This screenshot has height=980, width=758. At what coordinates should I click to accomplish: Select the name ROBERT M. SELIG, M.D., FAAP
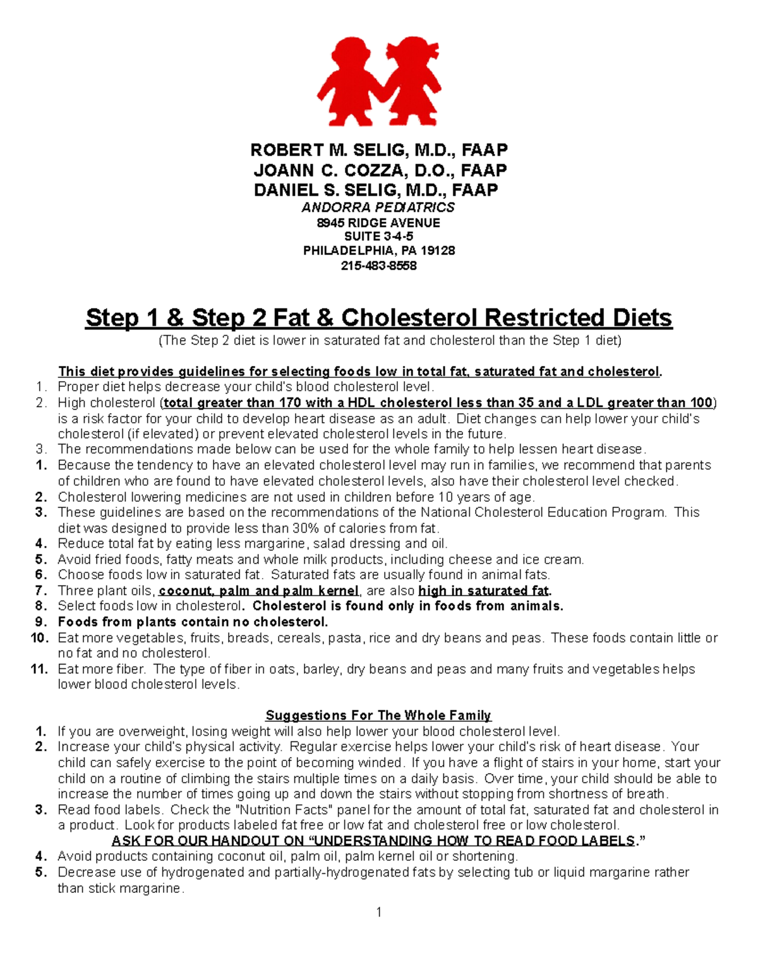(379, 150)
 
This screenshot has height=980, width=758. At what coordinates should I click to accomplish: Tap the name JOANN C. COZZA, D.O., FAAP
(380, 170)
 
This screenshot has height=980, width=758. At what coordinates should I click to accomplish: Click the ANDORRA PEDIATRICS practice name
(378, 208)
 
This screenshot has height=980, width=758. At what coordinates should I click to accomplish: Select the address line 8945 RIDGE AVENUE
(378, 223)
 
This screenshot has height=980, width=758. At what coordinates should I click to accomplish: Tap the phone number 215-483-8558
(378, 266)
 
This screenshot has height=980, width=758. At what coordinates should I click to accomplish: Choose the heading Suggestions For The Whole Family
(378, 716)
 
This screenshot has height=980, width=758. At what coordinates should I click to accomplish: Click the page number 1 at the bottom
(378, 912)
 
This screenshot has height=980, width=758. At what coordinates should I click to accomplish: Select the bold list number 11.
(39, 669)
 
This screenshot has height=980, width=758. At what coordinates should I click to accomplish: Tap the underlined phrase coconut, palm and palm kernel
(259, 591)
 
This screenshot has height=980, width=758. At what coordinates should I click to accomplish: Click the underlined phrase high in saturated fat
(484, 591)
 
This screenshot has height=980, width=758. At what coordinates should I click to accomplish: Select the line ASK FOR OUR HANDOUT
(378, 841)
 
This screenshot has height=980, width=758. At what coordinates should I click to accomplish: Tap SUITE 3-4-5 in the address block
(378, 237)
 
